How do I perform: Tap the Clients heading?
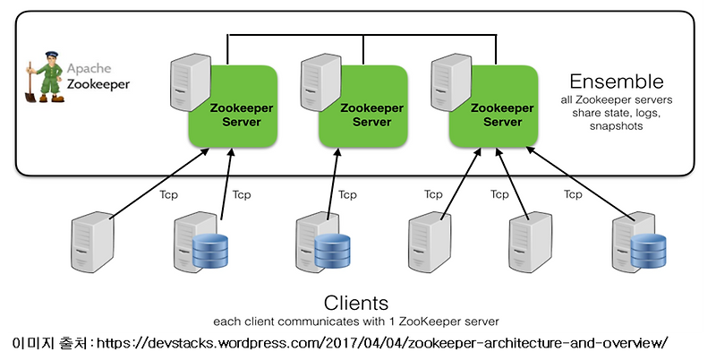(x=356, y=302)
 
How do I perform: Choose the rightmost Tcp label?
(x=573, y=193)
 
